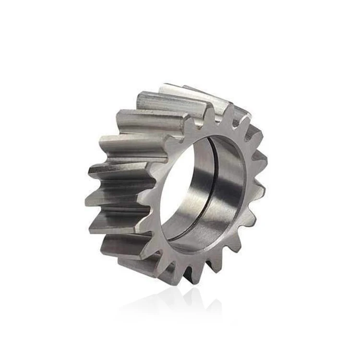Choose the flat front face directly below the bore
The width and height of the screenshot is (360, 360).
click(x=192, y=259)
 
